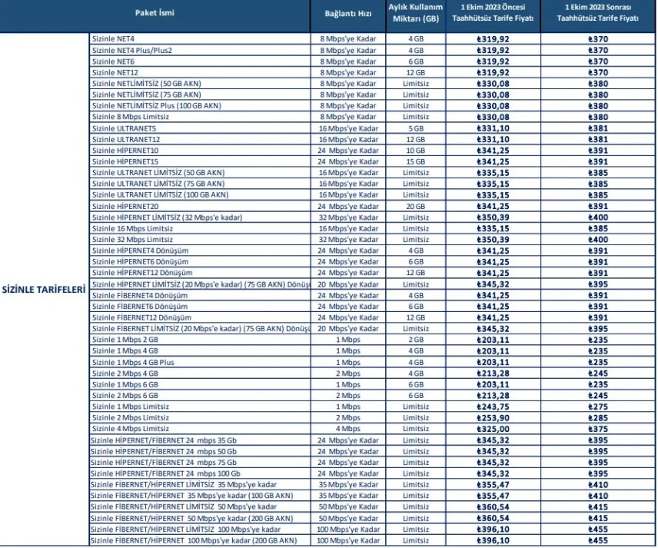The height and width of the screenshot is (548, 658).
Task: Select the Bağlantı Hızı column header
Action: click(347, 14)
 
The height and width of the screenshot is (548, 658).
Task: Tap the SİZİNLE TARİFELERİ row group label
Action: click(44, 290)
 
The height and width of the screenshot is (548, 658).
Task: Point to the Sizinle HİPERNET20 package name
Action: click(125, 206)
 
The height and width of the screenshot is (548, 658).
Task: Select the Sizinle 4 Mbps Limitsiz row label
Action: click(131, 429)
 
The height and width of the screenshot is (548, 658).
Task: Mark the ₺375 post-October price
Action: click(598, 429)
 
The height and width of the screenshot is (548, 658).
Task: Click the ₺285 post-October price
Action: click(598, 417)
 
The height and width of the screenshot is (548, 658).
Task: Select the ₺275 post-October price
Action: click(598, 407)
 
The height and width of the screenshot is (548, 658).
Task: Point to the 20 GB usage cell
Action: click(416, 206)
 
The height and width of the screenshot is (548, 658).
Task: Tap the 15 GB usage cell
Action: click(416, 161)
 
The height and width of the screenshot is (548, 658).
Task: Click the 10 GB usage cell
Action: click(416, 151)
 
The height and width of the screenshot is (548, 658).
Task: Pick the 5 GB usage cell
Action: click(416, 128)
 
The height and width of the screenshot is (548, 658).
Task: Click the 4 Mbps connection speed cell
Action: click(347, 429)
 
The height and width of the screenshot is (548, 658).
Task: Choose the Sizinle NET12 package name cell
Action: click(115, 72)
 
